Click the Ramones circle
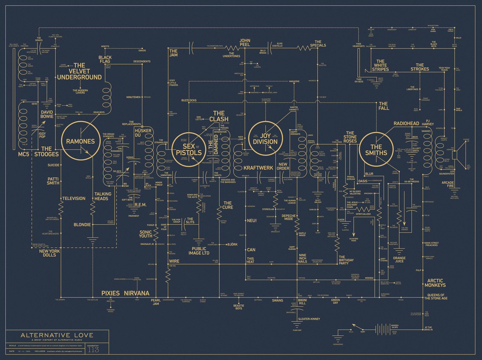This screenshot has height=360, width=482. pyautogui.click(x=80, y=141)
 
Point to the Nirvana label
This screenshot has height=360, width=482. pyautogui.click(x=137, y=293)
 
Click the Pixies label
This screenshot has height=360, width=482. pyautogui.click(x=110, y=293)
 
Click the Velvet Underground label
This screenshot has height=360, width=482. pyautogui.click(x=79, y=71)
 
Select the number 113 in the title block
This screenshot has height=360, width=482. pyautogui.click(x=93, y=350)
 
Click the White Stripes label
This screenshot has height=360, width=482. pyautogui.click(x=380, y=66)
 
